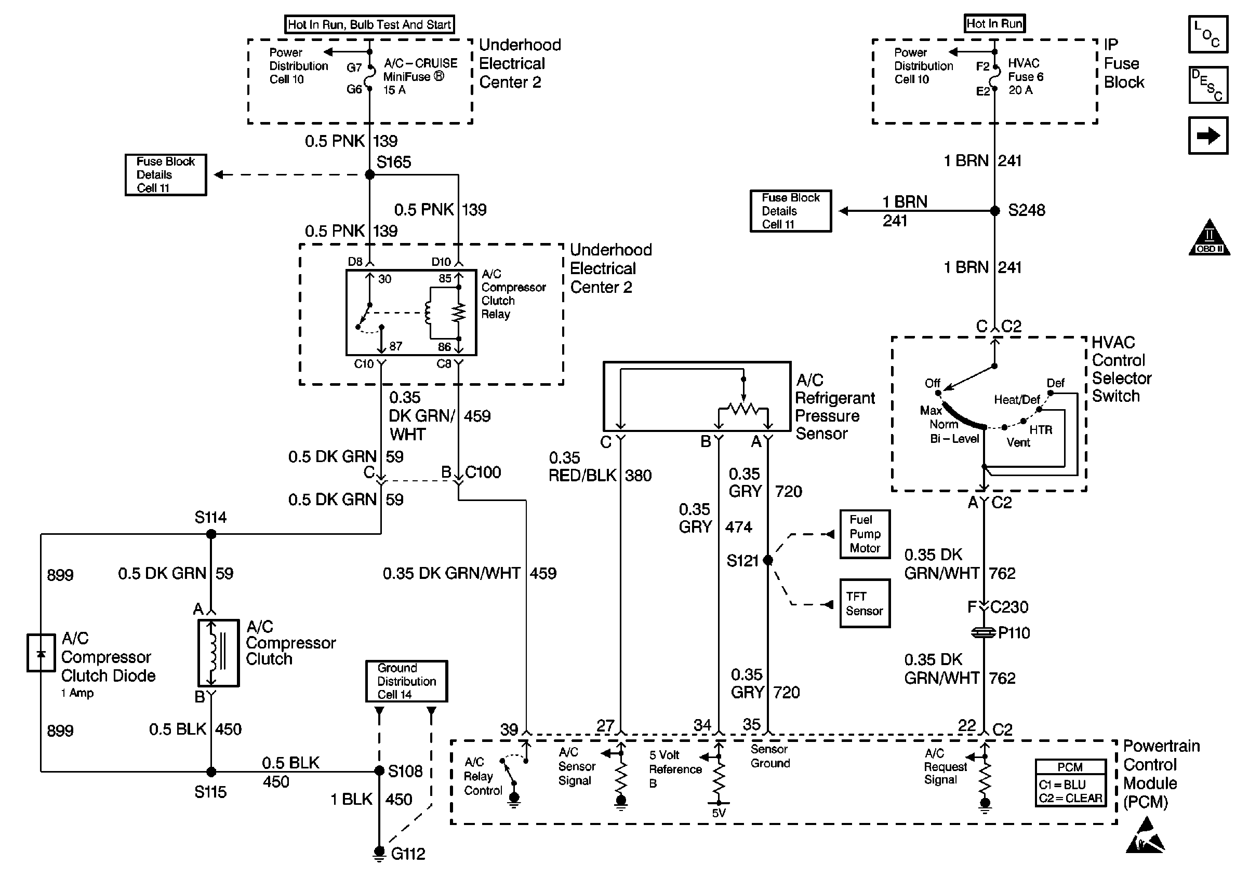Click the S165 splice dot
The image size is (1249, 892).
tap(370, 174)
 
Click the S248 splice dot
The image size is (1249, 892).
tap(994, 210)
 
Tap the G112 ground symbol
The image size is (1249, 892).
tap(379, 853)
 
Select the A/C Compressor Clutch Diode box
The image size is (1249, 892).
tap(41, 653)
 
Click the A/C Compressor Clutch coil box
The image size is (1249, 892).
tap(219, 653)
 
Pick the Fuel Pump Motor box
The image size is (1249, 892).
tap(865, 534)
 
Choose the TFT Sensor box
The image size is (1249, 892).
tap(865, 603)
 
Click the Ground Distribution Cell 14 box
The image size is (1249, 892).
tap(407, 681)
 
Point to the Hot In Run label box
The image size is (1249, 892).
tap(994, 23)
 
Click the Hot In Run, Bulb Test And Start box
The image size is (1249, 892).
tap(370, 25)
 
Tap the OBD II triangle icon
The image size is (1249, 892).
tap(1209, 238)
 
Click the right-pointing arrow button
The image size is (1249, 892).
tap(1208, 136)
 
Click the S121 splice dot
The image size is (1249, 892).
tap(768, 560)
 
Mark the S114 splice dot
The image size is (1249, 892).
tap(211, 534)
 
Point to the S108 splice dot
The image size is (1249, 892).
tap(379, 771)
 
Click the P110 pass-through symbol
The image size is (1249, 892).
tap(984, 633)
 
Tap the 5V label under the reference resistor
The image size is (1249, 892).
tap(719, 814)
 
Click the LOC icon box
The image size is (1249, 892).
tap(1208, 35)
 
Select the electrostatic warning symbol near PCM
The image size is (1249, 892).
tap(1145, 836)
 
